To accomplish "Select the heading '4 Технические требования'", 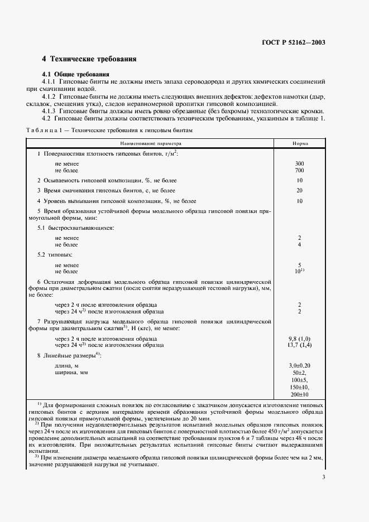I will tap(89, 59).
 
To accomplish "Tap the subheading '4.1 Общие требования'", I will tap(76, 74).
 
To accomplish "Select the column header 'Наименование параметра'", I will tap(146, 143).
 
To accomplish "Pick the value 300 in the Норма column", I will tap(300, 163).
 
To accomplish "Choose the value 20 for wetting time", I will tap(300, 190).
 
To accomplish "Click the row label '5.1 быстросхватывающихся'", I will tap(75, 228).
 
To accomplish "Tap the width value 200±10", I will tap(300, 394).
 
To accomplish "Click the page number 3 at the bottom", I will tap(324, 476).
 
